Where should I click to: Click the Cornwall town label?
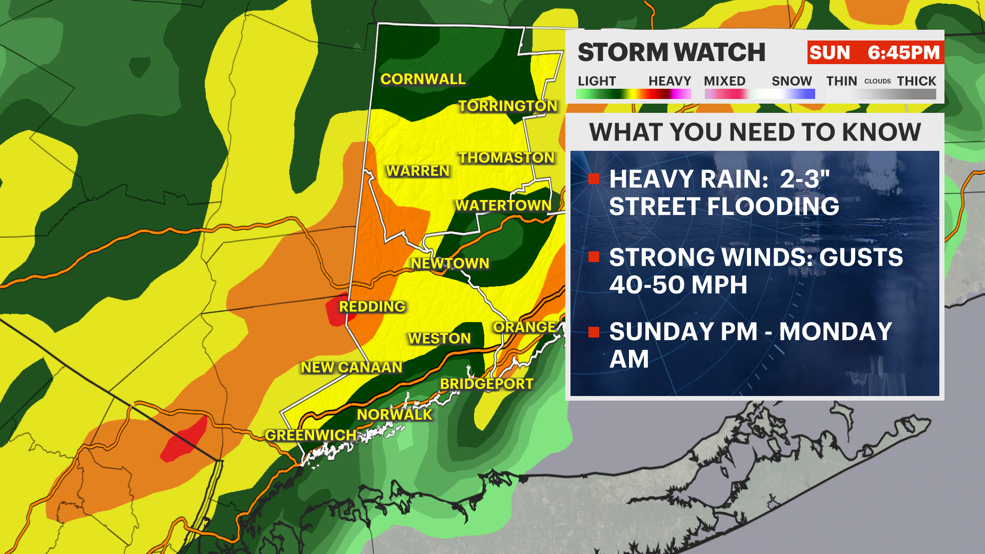pyautogui.click(x=423, y=79)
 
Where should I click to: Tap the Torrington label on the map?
pyautogui.click(x=507, y=106)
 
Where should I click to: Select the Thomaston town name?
pyautogui.click(x=506, y=157)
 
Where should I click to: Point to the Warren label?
pyautogui.click(x=418, y=171)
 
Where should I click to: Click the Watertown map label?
pyautogui.click(x=503, y=205)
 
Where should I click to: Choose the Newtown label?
pyautogui.click(x=450, y=263)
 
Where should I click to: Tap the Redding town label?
pyautogui.click(x=372, y=306)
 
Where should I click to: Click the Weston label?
pyautogui.click(x=439, y=339)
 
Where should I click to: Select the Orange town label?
pyautogui.click(x=524, y=327)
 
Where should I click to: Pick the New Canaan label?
pyautogui.click(x=351, y=367)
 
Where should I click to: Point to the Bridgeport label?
pyautogui.click(x=486, y=384)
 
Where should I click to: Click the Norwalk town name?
pyautogui.click(x=395, y=414)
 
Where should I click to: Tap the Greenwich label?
pyautogui.click(x=310, y=435)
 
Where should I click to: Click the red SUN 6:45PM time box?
pyautogui.click(x=875, y=52)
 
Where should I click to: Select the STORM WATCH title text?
pyautogui.click(x=671, y=52)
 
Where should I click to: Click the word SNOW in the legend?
pyautogui.click(x=792, y=81)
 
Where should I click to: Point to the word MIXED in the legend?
pyautogui.click(x=724, y=81)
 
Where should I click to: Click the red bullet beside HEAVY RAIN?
pyautogui.click(x=594, y=179)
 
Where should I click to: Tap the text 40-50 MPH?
pyautogui.click(x=678, y=285)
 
